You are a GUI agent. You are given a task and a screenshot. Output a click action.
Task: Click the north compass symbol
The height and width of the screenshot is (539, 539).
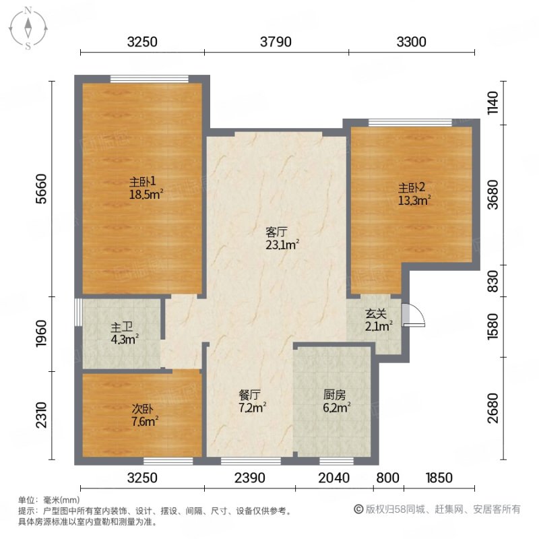coord(28,28)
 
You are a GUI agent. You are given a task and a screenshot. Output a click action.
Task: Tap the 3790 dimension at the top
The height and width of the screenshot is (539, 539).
coord(276,42)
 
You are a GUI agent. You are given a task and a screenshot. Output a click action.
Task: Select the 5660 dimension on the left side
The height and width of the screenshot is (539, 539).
coord(41,189)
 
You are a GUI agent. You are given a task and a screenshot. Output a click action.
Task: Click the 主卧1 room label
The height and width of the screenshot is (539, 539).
coord(143,181)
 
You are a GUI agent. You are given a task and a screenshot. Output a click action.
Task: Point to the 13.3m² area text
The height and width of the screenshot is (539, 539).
coord(414,200)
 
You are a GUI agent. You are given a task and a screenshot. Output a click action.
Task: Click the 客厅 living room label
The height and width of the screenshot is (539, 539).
coord(276,232)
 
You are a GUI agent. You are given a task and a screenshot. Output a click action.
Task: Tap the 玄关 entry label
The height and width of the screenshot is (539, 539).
coord(376,314)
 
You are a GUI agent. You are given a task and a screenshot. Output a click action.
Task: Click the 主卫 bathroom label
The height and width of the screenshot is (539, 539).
coord(121,327)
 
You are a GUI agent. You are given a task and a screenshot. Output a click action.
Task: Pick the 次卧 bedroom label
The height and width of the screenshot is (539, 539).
coord(142,409)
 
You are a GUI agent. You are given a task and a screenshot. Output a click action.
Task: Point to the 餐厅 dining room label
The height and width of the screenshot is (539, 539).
coord(249,395)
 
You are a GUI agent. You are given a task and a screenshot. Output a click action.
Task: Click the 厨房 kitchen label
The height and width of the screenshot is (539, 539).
coord(334,395)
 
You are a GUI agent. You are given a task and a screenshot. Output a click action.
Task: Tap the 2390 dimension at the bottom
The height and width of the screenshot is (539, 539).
coord(249,478)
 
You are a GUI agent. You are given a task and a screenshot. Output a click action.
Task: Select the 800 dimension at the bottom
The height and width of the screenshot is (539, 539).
coord(388,478)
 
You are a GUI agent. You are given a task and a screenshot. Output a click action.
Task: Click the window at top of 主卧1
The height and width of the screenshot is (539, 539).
coord(149,79)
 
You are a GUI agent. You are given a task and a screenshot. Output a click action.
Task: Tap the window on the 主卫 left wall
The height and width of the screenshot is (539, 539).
coord(78,312)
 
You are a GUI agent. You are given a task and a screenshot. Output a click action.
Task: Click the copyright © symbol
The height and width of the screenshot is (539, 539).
coord(358,509)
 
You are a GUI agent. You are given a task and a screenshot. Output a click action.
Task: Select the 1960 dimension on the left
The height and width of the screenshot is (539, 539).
coord(41,334)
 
